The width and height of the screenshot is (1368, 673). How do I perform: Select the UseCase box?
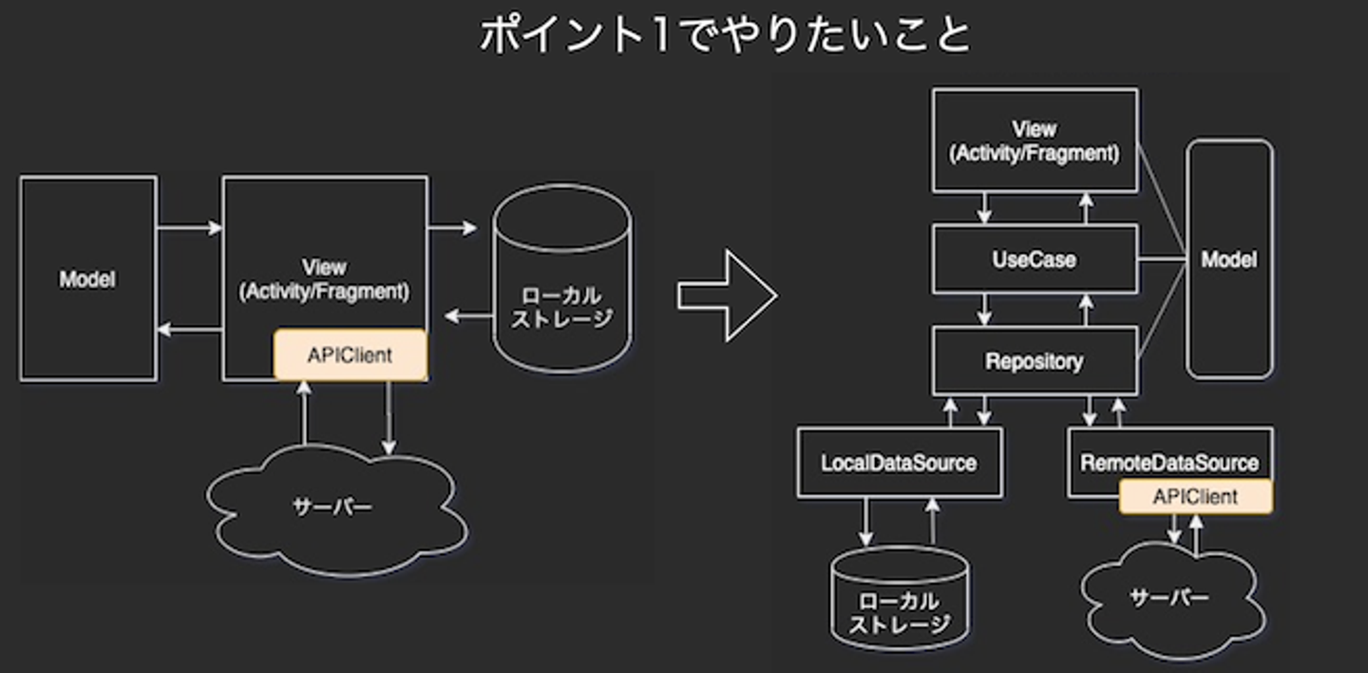tap(1035, 260)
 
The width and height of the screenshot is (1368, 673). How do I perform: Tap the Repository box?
tap(1035, 361)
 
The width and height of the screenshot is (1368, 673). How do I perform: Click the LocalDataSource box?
tap(899, 463)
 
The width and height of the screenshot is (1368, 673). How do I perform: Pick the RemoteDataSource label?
tap(1169, 463)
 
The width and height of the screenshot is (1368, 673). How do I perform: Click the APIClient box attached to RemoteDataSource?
tap(1195, 496)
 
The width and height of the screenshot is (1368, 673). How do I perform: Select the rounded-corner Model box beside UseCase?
tap(1229, 260)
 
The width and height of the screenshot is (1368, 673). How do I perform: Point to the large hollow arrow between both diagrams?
tap(727, 296)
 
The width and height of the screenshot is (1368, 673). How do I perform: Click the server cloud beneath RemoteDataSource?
tap(1170, 599)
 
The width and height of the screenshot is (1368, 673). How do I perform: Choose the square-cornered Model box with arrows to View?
tap(87, 279)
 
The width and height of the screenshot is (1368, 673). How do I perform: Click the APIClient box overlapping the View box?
tap(350, 356)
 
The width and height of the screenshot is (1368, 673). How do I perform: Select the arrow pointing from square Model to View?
tap(189, 228)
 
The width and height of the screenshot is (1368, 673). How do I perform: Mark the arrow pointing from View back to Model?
tap(189, 331)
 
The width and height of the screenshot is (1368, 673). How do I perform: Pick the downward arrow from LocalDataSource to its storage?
tap(866, 521)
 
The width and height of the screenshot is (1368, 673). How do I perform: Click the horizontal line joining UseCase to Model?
tap(1162, 260)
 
